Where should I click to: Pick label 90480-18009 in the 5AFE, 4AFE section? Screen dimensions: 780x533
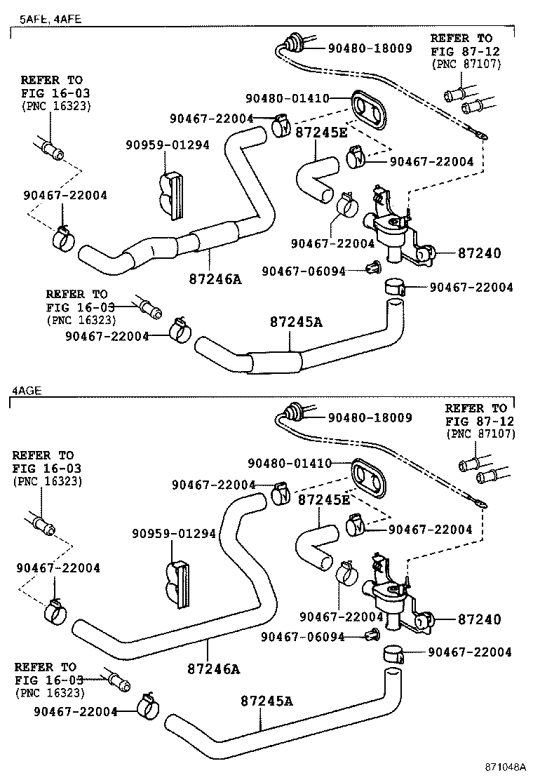370,48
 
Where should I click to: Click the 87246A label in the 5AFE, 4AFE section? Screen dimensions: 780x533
215,279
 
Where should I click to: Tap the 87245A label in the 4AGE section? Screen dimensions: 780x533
266,700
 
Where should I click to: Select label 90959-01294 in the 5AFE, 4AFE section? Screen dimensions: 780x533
168,145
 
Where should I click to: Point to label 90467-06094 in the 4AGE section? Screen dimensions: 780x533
303,637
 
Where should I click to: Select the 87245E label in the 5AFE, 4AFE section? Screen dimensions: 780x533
322,132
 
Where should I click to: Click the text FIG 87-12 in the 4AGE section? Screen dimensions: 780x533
480,421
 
